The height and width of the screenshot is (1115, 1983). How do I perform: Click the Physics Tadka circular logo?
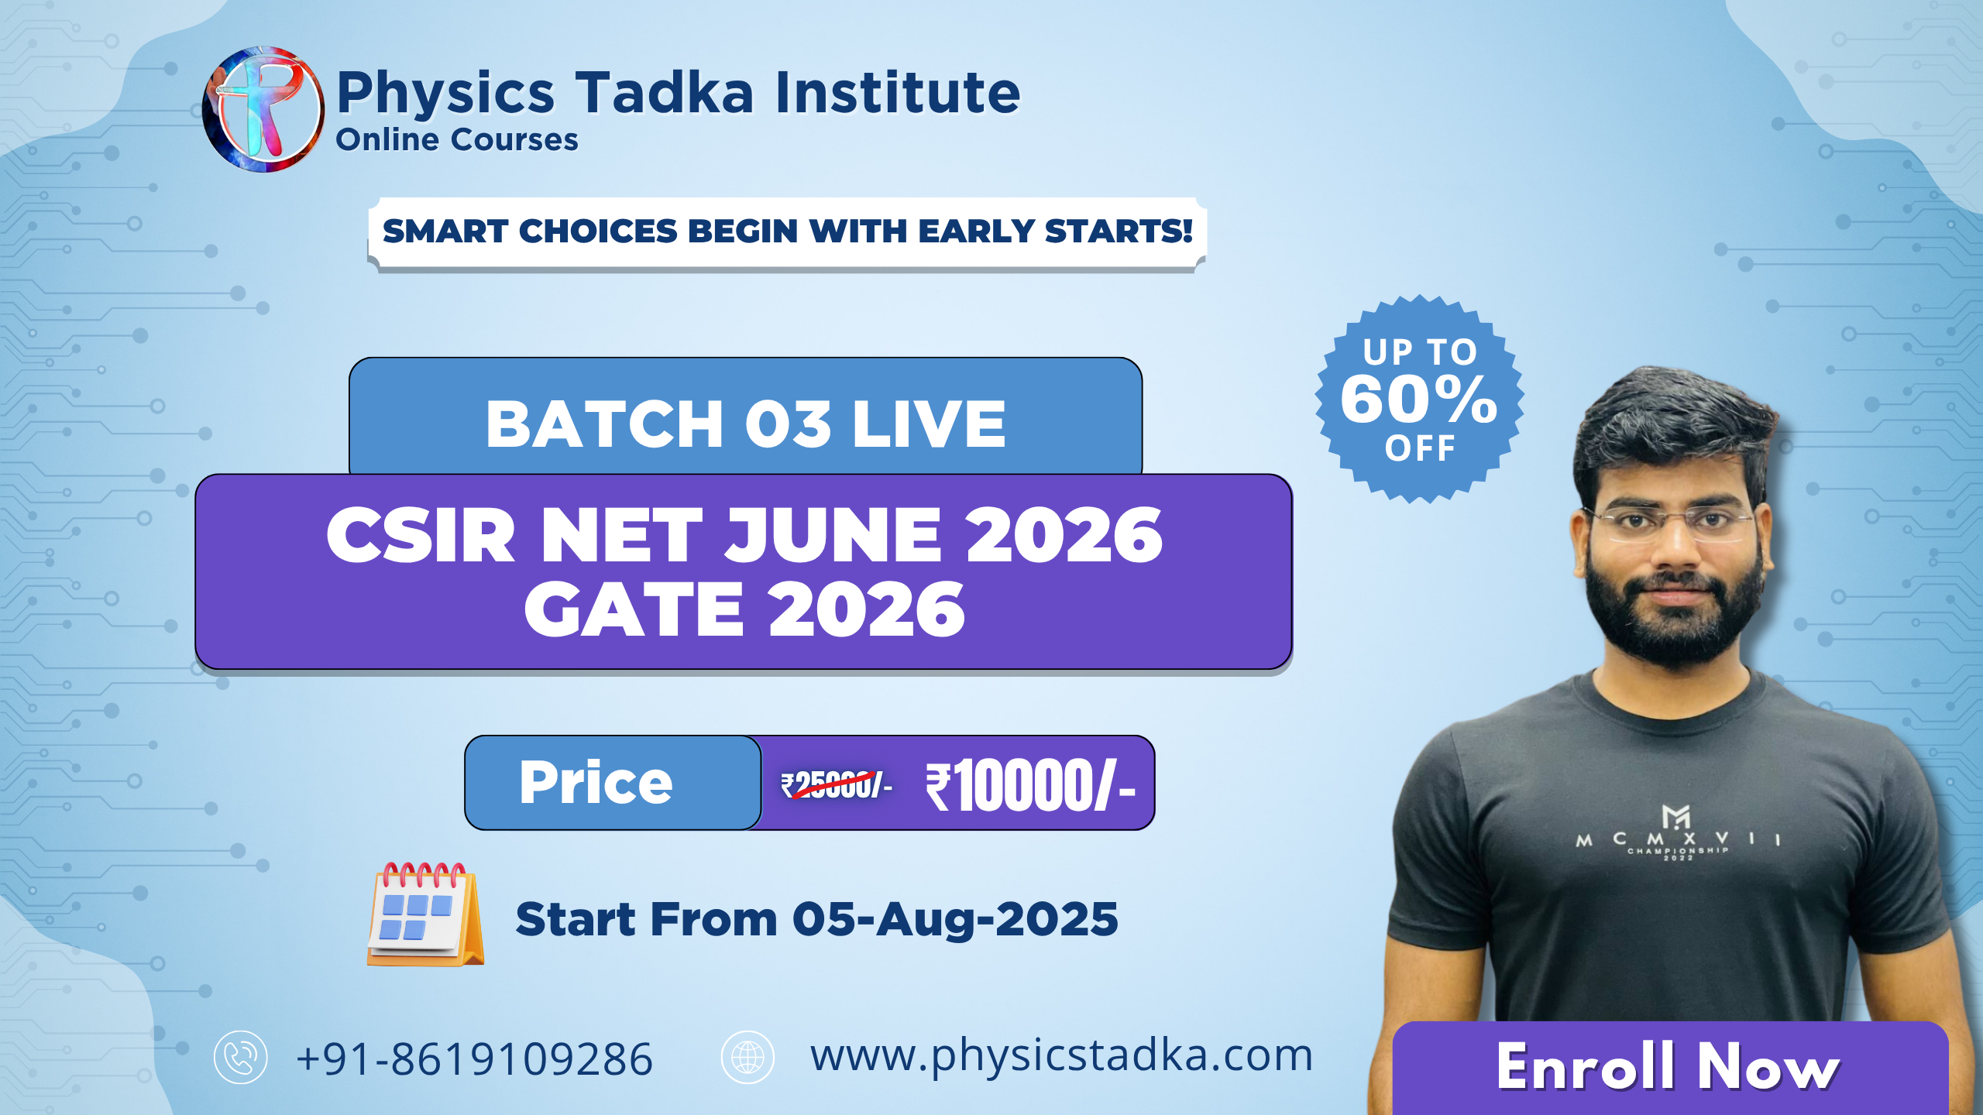pyautogui.click(x=263, y=109)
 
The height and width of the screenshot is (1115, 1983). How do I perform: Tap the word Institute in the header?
pyautogui.click(x=898, y=92)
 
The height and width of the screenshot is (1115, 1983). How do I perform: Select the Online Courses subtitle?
pyautogui.click(x=457, y=139)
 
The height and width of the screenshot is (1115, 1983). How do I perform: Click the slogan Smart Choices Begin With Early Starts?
pyautogui.click(x=787, y=231)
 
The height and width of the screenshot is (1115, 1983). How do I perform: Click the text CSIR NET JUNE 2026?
pyautogui.click(x=744, y=535)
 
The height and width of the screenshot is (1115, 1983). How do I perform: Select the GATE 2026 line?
pyautogui.click(x=744, y=609)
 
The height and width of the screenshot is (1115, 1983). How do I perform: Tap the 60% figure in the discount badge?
pyautogui.click(x=1419, y=399)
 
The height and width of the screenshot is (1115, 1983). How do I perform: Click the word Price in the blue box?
pyautogui.click(x=596, y=782)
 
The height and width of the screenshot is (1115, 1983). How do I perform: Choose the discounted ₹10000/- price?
pyautogui.click(x=1031, y=786)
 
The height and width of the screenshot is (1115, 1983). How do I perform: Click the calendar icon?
pyautogui.click(x=425, y=914)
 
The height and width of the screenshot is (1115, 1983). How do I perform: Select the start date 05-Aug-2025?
pyautogui.click(x=955, y=919)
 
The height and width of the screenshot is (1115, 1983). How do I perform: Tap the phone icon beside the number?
pyautogui.click(x=241, y=1057)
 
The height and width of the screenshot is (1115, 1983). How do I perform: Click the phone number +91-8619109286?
pyautogui.click(x=474, y=1058)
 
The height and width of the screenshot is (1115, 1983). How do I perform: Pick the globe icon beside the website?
pyautogui.click(x=747, y=1057)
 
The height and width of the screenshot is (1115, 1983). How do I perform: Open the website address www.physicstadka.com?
pyautogui.click(x=1062, y=1056)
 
